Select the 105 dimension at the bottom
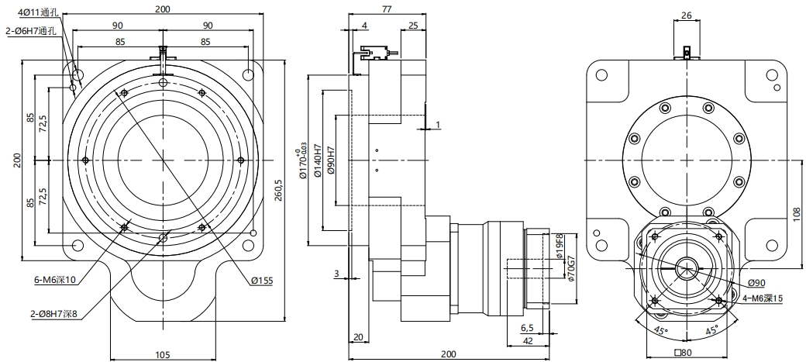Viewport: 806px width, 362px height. point(161,354)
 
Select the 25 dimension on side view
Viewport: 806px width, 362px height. point(412,26)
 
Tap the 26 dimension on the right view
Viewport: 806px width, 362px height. point(685,15)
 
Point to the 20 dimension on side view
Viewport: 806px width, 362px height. point(358,336)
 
